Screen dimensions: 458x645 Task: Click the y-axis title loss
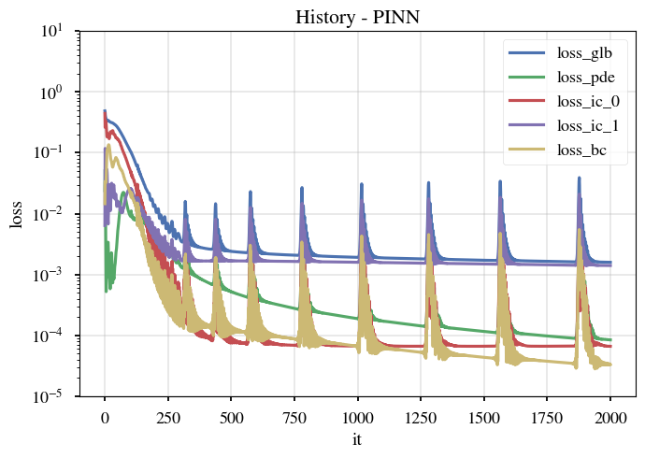pos(16,214)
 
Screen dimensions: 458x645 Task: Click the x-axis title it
pos(356,438)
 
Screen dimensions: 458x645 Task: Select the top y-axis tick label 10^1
pos(50,31)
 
